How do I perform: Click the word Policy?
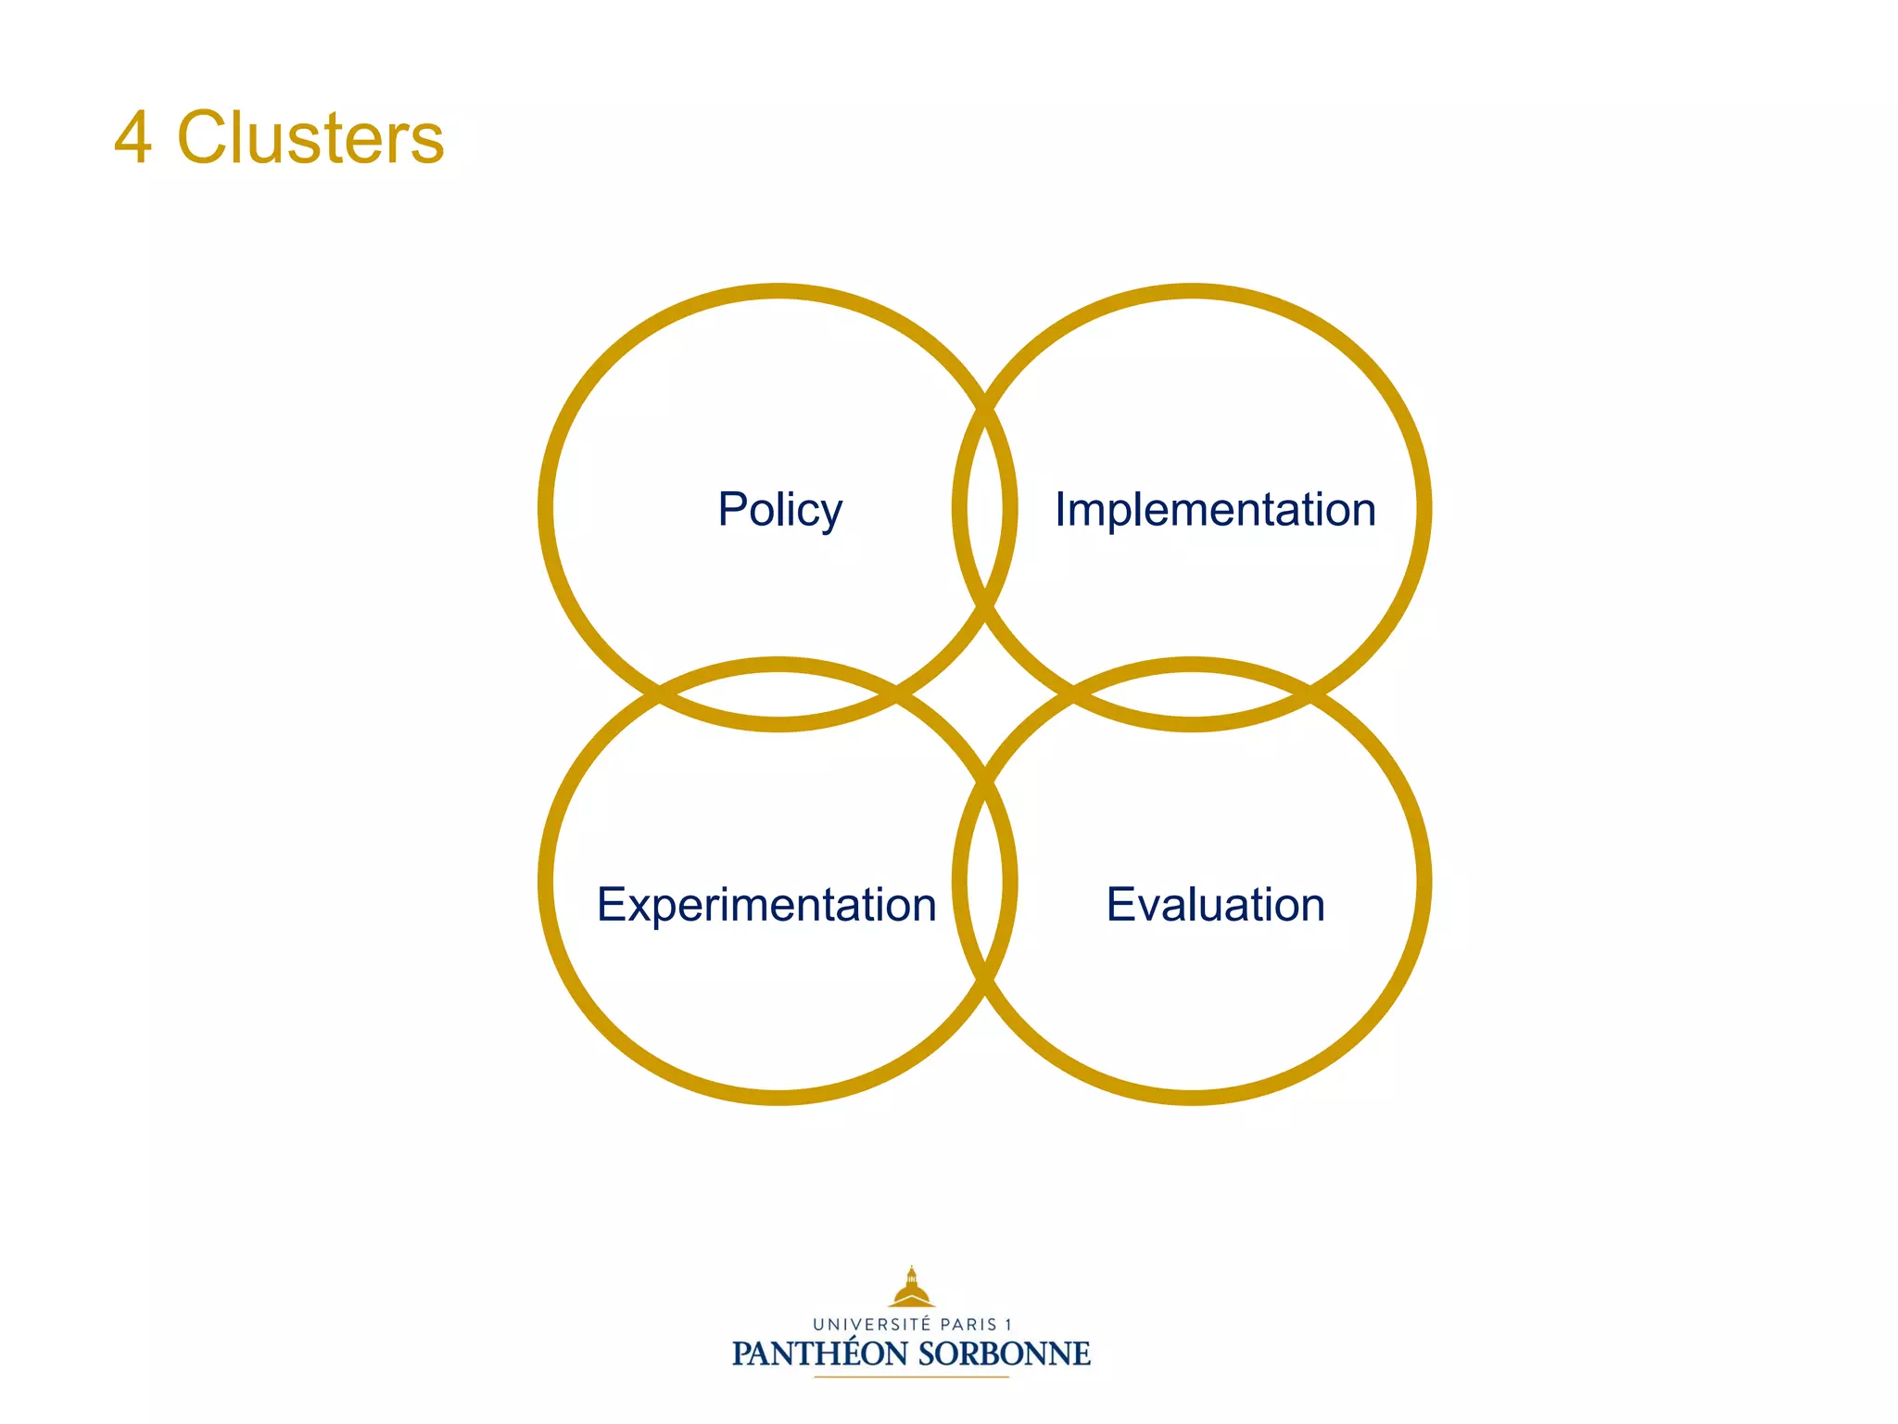(779, 510)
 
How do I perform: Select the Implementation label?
(1215, 510)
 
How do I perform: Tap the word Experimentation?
(766, 905)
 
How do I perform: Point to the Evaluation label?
(1215, 905)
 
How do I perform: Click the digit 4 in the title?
(133, 138)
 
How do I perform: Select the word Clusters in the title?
(310, 138)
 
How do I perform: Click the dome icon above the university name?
(912, 1288)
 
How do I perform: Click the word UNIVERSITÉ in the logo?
(871, 1325)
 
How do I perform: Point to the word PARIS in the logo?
(968, 1325)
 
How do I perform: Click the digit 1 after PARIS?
(1008, 1325)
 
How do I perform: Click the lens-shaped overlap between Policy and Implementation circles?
(985, 508)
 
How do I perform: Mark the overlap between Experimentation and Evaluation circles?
(985, 881)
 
